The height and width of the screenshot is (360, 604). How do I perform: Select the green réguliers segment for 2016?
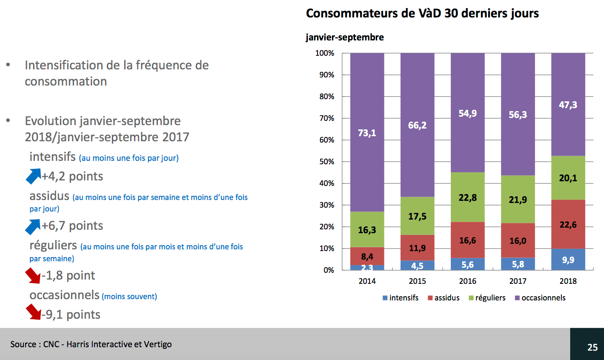pyautogui.click(x=467, y=197)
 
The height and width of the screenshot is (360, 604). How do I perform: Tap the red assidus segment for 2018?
pyautogui.click(x=568, y=224)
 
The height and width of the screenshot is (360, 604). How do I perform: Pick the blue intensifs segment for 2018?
pyautogui.click(x=568, y=260)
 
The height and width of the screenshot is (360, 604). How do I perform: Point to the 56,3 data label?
pyautogui.click(x=518, y=114)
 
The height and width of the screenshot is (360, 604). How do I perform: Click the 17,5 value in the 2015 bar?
pyautogui.click(x=417, y=216)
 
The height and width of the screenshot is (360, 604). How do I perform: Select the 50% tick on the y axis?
pyautogui.click(x=327, y=162)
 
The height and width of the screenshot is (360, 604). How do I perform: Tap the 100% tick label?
pyautogui.click(x=325, y=53)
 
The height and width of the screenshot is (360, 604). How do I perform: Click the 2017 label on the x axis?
pyautogui.click(x=518, y=281)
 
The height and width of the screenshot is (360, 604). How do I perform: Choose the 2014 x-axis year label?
pyautogui.click(x=367, y=281)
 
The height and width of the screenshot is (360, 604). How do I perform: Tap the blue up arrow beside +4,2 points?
pyautogui.click(x=33, y=176)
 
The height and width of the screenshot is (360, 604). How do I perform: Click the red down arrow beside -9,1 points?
pyautogui.click(x=33, y=312)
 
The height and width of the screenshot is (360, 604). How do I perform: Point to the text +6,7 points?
pyautogui.click(x=72, y=226)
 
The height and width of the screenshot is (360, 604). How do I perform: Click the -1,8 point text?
pyautogui.click(x=68, y=275)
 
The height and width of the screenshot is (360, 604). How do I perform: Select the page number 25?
pyautogui.click(x=592, y=347)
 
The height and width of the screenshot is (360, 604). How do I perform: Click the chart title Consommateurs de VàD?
pyautogui.click(x=422, y=13)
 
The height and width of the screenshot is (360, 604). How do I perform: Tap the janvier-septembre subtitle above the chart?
pyautogui.click(x=344, y=37)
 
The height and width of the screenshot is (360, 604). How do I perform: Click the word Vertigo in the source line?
pyautogui.click(x=157, y=344)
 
